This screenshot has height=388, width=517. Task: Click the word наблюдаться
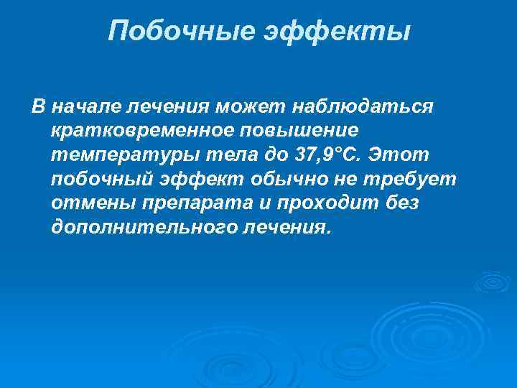[362, 107]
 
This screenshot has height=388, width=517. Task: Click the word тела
[209, 156]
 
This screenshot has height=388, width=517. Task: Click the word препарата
[190, 204]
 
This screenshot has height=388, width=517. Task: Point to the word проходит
[322, 204]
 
